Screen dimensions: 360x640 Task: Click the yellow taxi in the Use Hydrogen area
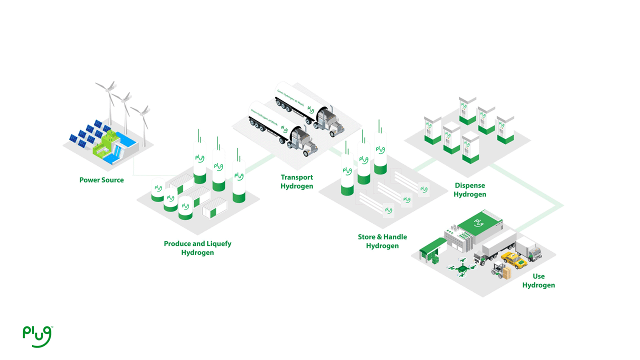click(512, 259)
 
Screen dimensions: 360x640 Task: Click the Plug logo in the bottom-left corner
click(37, 335)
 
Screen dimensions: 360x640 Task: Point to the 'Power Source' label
click(101, 180)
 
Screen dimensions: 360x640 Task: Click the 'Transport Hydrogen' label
click(297, 181)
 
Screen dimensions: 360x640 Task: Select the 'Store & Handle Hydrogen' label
click(382, 241)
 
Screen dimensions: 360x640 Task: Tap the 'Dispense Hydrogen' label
click(469, 190)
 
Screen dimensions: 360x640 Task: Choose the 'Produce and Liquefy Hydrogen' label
click(197, 248)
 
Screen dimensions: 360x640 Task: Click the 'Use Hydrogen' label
click(538, 280)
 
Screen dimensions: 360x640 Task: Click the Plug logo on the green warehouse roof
click(479, 222)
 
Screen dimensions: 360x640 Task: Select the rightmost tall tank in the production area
click(239, 180)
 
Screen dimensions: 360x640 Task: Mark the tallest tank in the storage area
click(380, 152)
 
